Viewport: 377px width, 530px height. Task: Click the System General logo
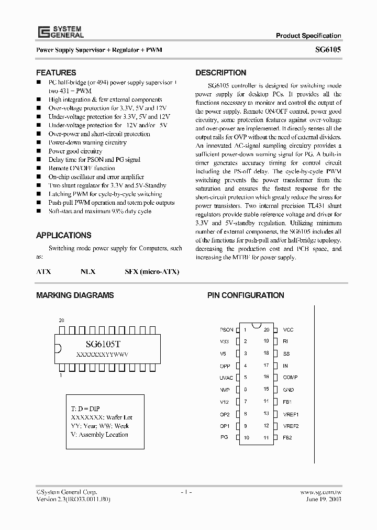(x=60, y=31)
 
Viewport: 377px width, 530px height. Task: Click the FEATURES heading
(x=56, y=73)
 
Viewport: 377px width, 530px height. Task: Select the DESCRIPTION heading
(x=220, y=73)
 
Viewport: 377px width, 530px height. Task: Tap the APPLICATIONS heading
(x=63, y=235)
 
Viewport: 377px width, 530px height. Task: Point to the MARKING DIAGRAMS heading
(x=75, y=295)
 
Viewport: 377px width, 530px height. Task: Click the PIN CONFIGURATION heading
(x=246, y=295)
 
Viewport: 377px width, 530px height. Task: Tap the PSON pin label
(x=226, y=330)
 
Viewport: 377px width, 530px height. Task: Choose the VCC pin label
(x=289, y=330)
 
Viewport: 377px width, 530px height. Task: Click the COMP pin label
(x=290, y=378)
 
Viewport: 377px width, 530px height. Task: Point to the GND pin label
(x=289, y=390)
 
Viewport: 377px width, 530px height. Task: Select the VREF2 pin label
(x=291, y=426)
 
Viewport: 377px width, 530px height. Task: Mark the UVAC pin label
(x=226, y=378)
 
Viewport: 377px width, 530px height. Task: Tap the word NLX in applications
(x=88, y=272)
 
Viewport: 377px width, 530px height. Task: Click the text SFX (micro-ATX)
(x=152, y=272)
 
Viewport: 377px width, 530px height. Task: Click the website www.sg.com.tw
(x=321, y=492)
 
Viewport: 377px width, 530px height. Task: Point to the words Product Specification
(x=308, y=36)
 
